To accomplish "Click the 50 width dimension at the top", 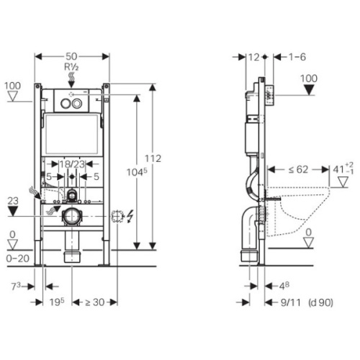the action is pos(71,56).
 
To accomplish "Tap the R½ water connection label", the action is pos(71,67).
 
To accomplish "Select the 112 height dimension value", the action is pos(153,158).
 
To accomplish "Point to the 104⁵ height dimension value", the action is pos(137,172).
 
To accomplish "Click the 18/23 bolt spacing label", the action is pos(72,164).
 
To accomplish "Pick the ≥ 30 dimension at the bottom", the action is pos(95,302).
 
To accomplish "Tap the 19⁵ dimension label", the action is pos(57,302).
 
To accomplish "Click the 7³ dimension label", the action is pos(16,286).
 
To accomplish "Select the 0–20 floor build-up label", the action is pos(18,258).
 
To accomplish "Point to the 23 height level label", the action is pos(13,201).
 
